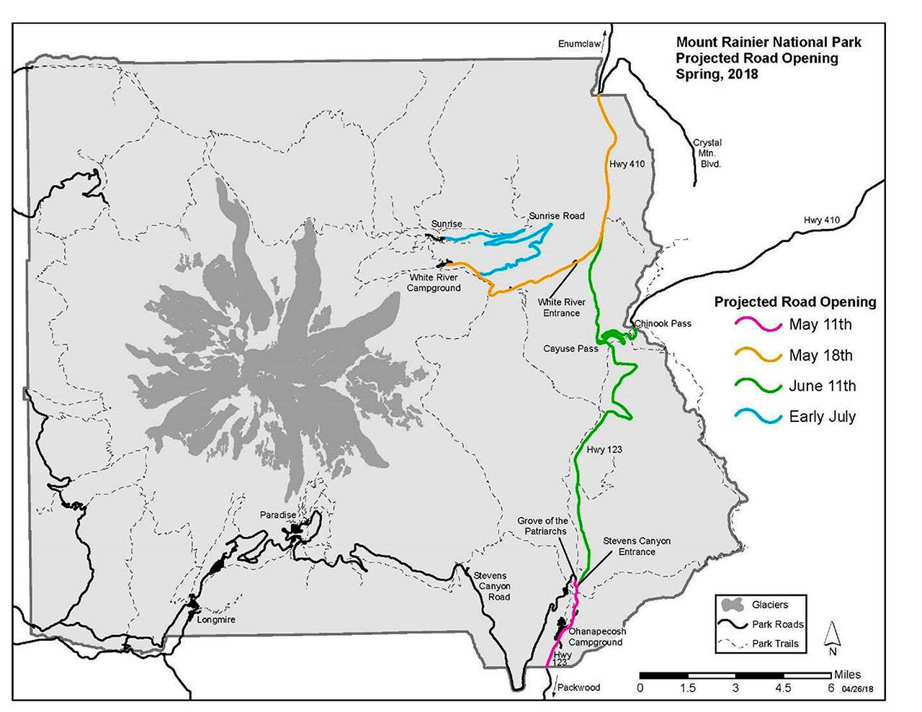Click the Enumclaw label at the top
(579, 44)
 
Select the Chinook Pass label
(663, 323)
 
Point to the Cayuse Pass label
(570, 348)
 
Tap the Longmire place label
(215, 619)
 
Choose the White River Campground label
(434, 282)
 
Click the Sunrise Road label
(556, 215)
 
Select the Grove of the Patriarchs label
(542, 526)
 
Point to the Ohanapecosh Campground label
(596, 636)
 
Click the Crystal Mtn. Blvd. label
(707, 153)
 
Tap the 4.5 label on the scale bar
(782, 688)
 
